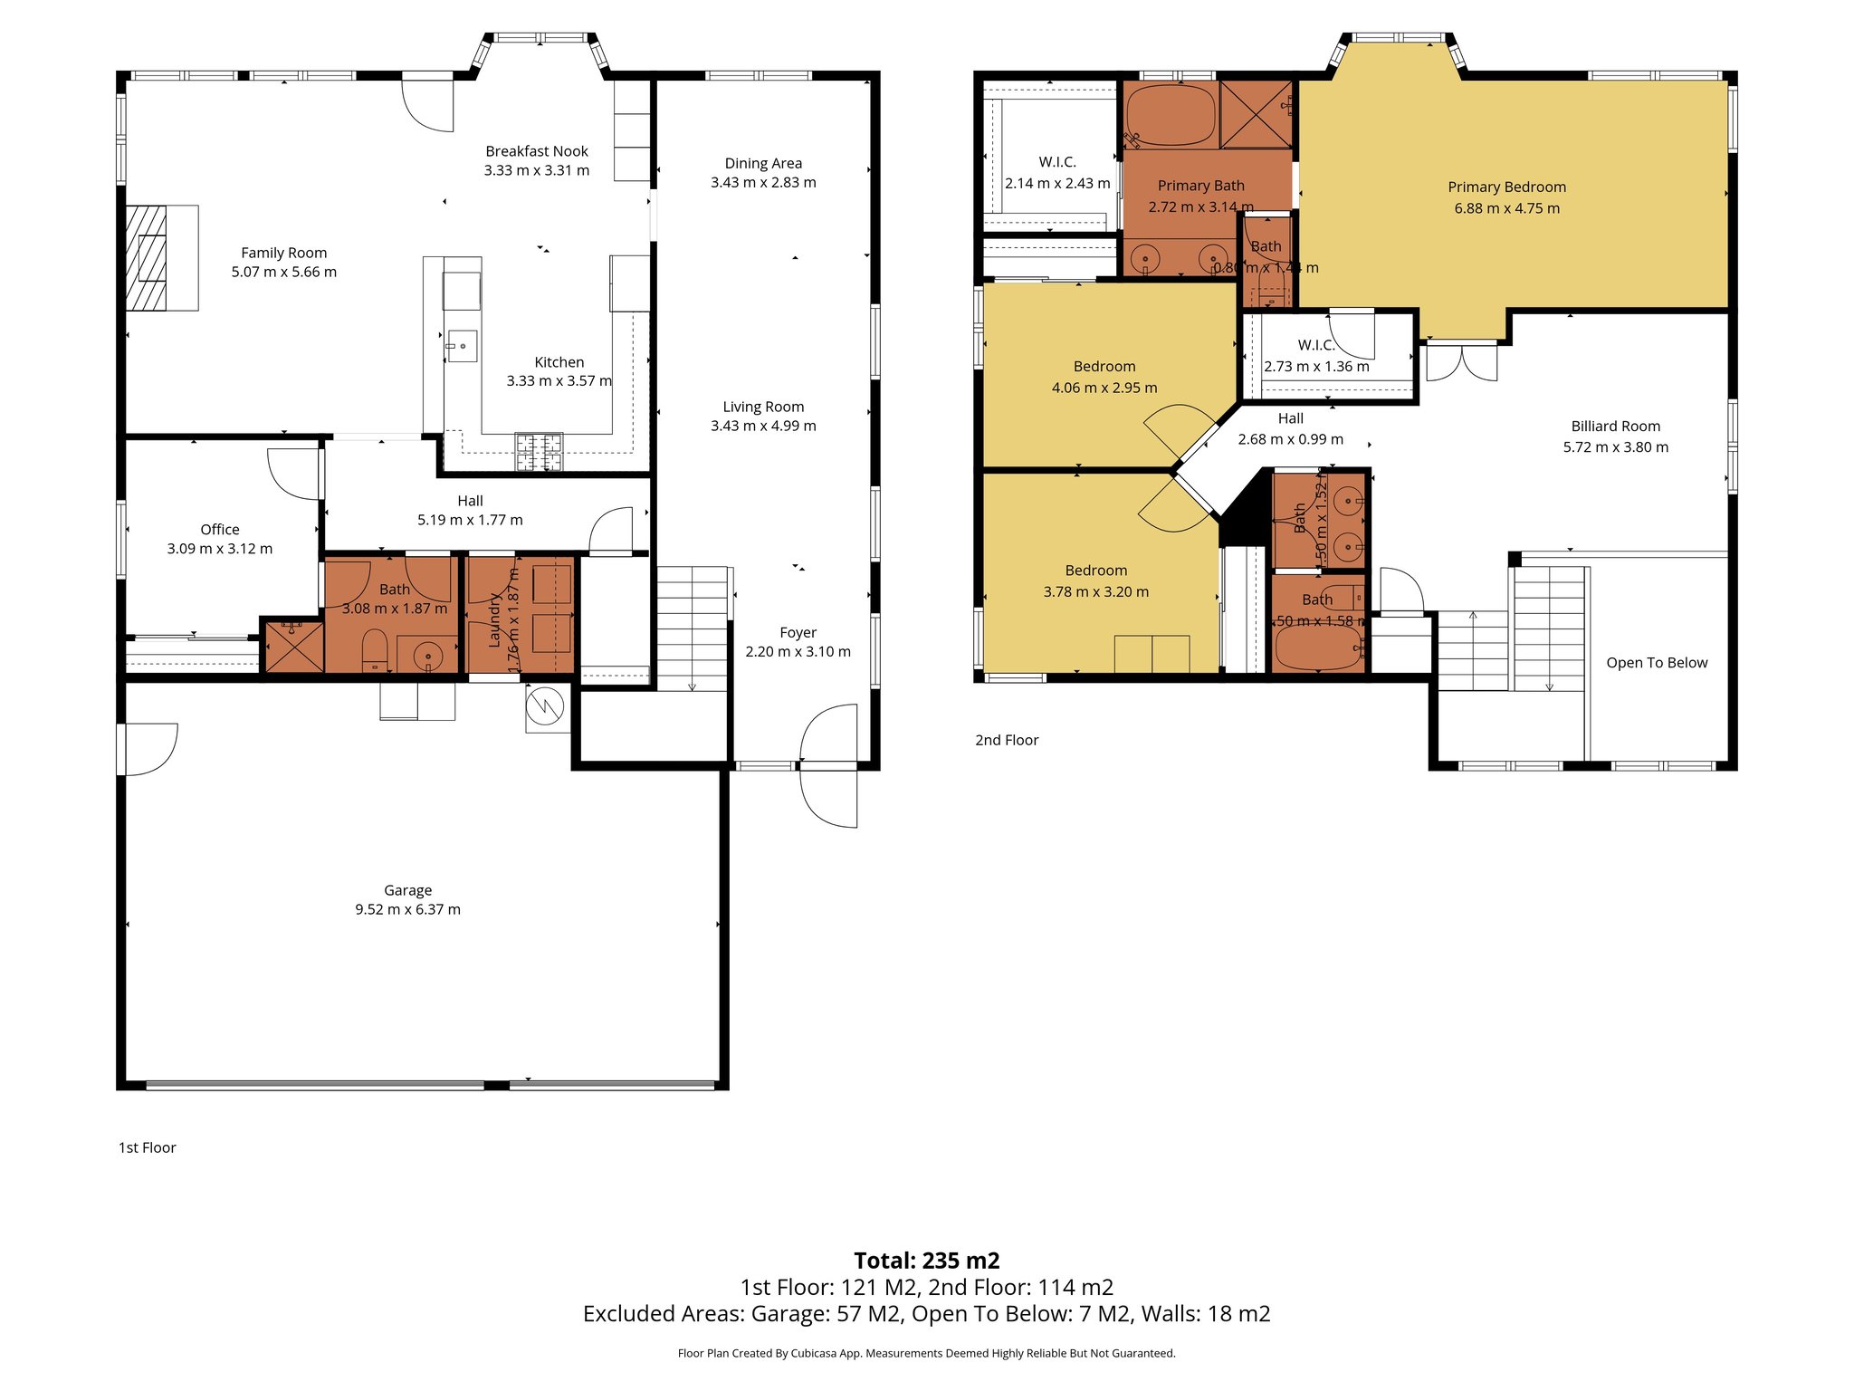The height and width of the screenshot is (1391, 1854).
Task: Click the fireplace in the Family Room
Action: coord(147,258)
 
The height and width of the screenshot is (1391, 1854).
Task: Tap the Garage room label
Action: coord(407,890)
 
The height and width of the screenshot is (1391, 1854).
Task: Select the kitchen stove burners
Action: coord(539,451)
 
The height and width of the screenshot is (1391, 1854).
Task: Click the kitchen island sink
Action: coord(461,346)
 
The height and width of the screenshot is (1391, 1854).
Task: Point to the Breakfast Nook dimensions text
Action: coord(536,170)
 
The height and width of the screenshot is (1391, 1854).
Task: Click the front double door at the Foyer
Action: coord(828,765)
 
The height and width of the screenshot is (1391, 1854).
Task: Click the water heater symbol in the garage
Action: coord(547,705)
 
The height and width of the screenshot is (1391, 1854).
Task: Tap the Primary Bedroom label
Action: coord(1506,187)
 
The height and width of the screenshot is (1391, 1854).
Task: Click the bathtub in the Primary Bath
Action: coord(1171,115)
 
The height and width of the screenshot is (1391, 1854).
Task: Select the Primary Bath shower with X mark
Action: coord(1256,114)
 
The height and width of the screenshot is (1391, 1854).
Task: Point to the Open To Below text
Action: coord(1656,663)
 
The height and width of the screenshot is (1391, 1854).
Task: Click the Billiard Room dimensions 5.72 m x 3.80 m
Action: coord(1615,447)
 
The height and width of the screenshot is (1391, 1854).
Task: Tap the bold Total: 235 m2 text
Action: coord(926,1261)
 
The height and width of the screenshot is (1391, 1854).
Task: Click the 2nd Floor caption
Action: coord(1006,740)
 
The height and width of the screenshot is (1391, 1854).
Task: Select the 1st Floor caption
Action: coord(147,1147)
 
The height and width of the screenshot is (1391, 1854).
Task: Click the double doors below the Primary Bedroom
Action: coord(1461,360)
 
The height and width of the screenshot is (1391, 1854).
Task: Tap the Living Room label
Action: coord(763,407)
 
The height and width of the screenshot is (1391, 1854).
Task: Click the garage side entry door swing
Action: coord(150,749)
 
